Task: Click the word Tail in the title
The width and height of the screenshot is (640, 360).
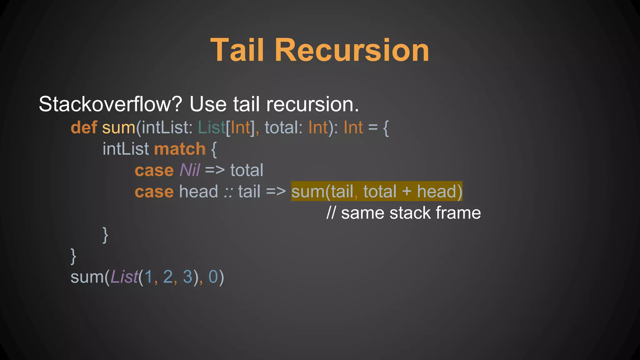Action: tap(237, 50)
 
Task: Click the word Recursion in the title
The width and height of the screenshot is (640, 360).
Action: tap(352, 50)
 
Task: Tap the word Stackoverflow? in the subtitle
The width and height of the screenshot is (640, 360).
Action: tap(110, 104)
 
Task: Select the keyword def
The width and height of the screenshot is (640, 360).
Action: tap(84, 127)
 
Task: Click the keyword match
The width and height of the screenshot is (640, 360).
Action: tap(180, 149)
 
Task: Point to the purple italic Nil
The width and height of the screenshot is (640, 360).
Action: tap(190, 170)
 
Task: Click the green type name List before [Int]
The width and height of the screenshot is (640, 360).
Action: tap(212, 127)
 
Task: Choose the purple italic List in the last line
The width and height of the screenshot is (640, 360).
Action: tap(124, 277)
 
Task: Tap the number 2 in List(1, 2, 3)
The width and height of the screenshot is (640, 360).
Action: tap(168, 277)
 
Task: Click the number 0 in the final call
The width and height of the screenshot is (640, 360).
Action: tap(213, 277)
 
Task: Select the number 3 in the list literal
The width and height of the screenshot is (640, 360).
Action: tap(187, 277)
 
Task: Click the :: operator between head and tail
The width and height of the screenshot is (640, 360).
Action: tap(228, 192)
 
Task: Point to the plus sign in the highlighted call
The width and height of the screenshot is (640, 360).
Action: tap(407, 191)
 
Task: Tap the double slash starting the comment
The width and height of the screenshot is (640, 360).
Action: tap(331, 213)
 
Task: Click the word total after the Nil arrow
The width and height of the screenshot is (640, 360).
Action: tap(247, 170)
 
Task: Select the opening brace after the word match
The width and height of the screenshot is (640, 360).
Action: tap(214, 149)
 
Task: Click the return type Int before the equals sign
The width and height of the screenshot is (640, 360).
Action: tap(353, 127)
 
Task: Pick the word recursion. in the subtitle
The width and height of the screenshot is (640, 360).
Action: tap(312, 104)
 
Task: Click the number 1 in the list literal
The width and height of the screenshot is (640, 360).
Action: tap(148, 277)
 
